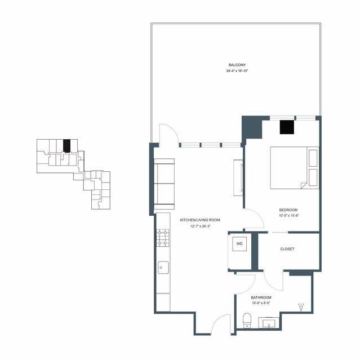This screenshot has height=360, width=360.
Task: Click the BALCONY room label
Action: pyautogui.click(x=237, y=65)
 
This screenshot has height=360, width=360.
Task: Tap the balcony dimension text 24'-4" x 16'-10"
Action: pyautogui.click(x=237, y=71)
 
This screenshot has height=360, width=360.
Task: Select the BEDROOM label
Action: pyautogui.click(x=288, y=210)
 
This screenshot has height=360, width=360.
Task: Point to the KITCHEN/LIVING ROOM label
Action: pyautogui.click(x=200, y=220)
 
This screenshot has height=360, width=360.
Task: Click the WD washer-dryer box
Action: pyautogui.click(x=239, y=244)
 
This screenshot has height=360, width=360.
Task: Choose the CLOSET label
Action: pyautogui.click(x=287, y=249)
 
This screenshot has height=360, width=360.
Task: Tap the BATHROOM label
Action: pyautogui.click(x=261, y=297)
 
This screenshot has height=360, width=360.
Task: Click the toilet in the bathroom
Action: pyautogui.click(x=247, y=320)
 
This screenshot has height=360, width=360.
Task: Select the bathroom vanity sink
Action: pyautogui.click(x=269, y=323)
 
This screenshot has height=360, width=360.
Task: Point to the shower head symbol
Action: pyautogui.click(x=301, y=307)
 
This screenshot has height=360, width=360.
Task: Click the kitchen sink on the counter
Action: pyautogui.click(x=163, y=268)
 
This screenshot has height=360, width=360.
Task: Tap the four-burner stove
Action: pyautogui.click(x=163, y=238)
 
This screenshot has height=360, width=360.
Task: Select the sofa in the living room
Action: pyautogui.click(x=164, y=184)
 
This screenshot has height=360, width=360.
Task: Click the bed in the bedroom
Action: pyautogui.click(x=295, y=168)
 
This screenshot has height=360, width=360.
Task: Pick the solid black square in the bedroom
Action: pyautogui.click(x=287, y=127)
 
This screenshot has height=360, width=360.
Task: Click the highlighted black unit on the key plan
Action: pyautogui.click(x=66, y=146)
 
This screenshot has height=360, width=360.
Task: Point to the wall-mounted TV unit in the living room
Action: pyautogui.click(x=238, y=177)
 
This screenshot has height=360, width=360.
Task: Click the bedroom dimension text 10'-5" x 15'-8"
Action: pyautogui.click(x=288, y=216)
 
